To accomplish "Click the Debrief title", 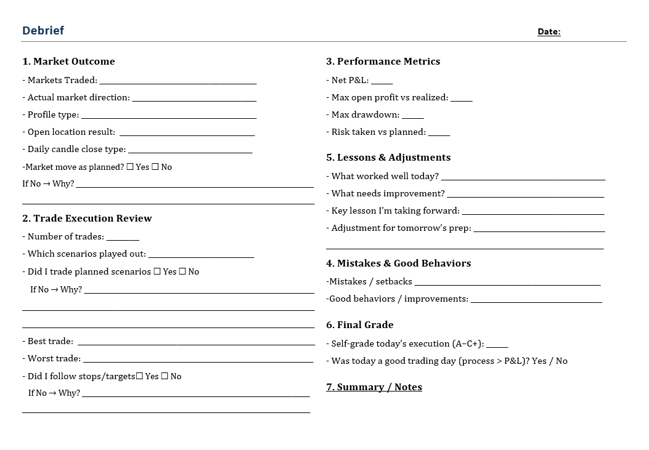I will coord(43,31).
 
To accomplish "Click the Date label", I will coord(549,32).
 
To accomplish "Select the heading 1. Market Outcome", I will coord(68,62).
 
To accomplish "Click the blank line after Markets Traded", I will coord(178,81).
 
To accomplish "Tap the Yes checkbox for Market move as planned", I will coord(130,167).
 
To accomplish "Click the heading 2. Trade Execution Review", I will coord(87,219).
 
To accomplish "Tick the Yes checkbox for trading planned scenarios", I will coord(157,271).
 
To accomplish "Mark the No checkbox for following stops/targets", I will coord(165,376).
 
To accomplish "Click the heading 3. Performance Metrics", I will coord(383,62).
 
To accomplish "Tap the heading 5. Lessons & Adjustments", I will coord(388,158).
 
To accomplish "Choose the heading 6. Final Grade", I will coord(359,325).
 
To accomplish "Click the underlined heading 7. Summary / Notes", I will coord(374,387).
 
